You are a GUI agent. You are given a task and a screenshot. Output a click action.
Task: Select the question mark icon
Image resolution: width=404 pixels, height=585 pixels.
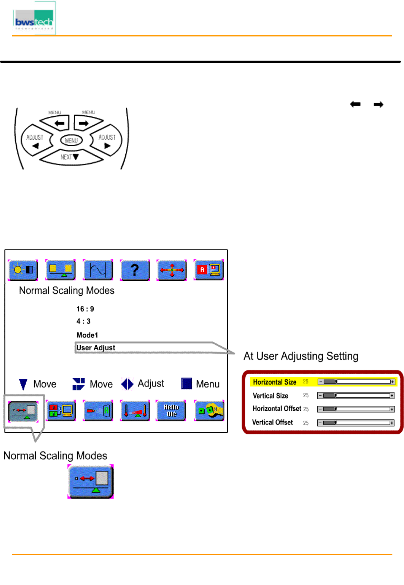(135, 270)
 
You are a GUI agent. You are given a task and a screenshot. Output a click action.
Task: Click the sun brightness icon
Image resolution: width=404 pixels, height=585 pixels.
(23, 270)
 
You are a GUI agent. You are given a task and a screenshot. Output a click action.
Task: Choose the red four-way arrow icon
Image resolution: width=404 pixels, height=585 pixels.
(172, 270)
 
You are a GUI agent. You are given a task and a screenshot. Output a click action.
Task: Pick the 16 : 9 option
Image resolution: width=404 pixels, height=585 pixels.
(85, 309)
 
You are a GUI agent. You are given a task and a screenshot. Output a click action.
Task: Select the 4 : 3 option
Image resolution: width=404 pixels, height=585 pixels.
(83, 321)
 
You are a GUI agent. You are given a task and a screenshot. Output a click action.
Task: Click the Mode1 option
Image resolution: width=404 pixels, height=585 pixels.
(87, 335)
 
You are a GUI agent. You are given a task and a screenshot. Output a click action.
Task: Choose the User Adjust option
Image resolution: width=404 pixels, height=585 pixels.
(96, 348)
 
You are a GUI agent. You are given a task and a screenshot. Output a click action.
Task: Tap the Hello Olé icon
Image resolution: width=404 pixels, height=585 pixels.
(171, 411)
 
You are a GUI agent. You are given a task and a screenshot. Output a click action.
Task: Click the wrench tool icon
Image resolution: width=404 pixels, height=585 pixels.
(209, 411)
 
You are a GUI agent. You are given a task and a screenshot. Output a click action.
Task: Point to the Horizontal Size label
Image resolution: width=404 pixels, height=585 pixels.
(275, 382)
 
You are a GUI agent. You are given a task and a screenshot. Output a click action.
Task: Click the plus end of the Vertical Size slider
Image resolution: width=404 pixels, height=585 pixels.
(392, 396)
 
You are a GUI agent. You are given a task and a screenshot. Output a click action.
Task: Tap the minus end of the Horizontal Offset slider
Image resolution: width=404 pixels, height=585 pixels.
(320, 409)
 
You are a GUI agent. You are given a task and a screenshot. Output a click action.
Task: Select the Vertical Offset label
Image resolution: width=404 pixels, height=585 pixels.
(272, 422)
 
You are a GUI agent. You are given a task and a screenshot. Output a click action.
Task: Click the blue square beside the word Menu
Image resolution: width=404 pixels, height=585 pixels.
(186, 383)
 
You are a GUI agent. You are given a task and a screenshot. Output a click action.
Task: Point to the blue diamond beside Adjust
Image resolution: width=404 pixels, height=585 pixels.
(127, 384)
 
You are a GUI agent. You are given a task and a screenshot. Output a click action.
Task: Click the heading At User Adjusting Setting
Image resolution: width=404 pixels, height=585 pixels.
(301, 356)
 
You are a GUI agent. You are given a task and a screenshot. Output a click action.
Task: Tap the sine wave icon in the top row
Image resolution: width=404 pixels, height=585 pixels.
(98, 270)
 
